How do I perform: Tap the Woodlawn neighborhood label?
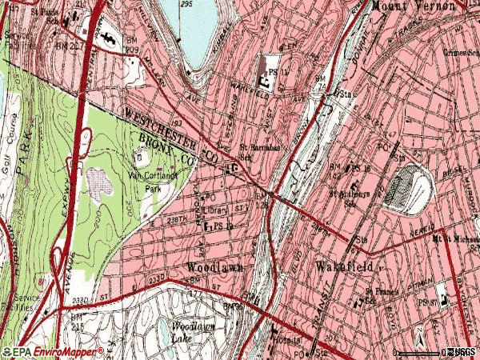214,266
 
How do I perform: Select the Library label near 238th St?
216,210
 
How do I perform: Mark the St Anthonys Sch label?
352,197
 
